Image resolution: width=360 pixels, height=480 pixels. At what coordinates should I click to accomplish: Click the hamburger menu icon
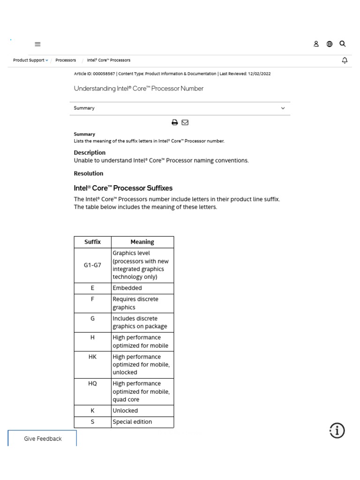[37, 44]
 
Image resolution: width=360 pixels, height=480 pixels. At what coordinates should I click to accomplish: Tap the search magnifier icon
[343, 44]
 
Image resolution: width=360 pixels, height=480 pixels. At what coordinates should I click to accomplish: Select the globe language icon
[330, 44]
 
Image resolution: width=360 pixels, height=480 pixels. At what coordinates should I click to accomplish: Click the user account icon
[316, 44]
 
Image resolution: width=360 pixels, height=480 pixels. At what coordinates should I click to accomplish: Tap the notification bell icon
[345, 60]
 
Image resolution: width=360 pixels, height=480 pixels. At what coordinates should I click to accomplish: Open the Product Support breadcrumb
[30, 60]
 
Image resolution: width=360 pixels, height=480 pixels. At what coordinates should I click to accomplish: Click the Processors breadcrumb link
[66, 60]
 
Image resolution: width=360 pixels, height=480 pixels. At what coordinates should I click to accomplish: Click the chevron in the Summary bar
[283, 108]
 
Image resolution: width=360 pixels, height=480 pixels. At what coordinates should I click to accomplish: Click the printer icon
[175, 122]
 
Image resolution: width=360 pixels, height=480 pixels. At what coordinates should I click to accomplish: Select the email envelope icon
[185, 122]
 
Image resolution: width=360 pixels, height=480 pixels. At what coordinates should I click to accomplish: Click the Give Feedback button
[43, 439]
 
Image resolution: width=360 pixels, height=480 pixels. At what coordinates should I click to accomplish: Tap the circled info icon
[337, 430]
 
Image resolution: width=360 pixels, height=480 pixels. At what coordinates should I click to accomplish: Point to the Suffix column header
[92, 242]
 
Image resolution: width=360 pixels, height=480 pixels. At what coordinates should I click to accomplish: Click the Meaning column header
[142, 242]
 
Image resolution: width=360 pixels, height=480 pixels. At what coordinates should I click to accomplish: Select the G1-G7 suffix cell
[92, 265]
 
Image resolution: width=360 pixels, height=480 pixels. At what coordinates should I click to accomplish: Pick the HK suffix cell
[92, 357]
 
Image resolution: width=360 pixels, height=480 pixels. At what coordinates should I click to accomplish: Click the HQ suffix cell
[92, 383]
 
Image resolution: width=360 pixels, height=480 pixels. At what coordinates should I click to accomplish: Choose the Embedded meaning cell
[127, 288]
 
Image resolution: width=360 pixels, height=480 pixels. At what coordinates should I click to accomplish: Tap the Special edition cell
[133, 422]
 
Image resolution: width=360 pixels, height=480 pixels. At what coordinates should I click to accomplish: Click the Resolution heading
[89, 173]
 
